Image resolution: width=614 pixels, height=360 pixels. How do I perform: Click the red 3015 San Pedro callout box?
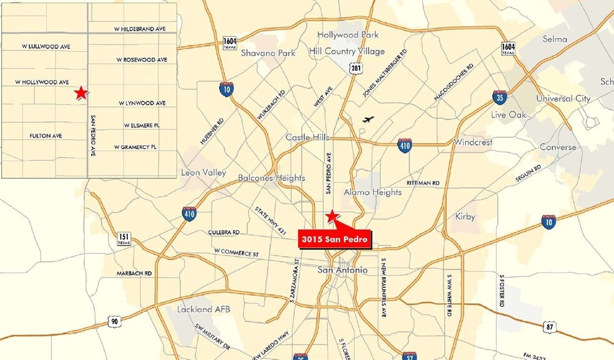[x=334, y=238]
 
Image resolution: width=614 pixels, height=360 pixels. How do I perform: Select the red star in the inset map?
[x=80, y=94]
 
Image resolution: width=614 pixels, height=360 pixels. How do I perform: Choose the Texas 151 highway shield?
[x=124, y=238]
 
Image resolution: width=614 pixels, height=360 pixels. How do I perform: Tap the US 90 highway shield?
[x=113, y=321]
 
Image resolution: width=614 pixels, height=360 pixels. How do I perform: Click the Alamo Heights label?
[x=373, y=192]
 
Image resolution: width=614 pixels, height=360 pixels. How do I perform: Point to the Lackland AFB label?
[x=200, y=309]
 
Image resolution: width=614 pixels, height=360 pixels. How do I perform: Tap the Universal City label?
[x=563, y=99]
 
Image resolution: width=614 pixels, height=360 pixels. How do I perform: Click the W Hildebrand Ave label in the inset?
[x=140, y=29]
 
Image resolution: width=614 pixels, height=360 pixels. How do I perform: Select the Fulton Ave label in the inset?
[x=46, y=135]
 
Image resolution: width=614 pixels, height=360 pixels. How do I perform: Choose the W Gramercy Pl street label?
[x=135, y=147]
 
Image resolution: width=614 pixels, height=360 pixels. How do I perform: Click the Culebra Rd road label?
[x=224, y=232]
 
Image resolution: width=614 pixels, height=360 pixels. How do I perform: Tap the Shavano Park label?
[x=268, y=53]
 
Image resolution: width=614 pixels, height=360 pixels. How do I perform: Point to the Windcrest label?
[x=473, y=142]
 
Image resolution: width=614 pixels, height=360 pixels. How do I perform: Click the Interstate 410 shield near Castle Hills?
[x=404, y=145]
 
